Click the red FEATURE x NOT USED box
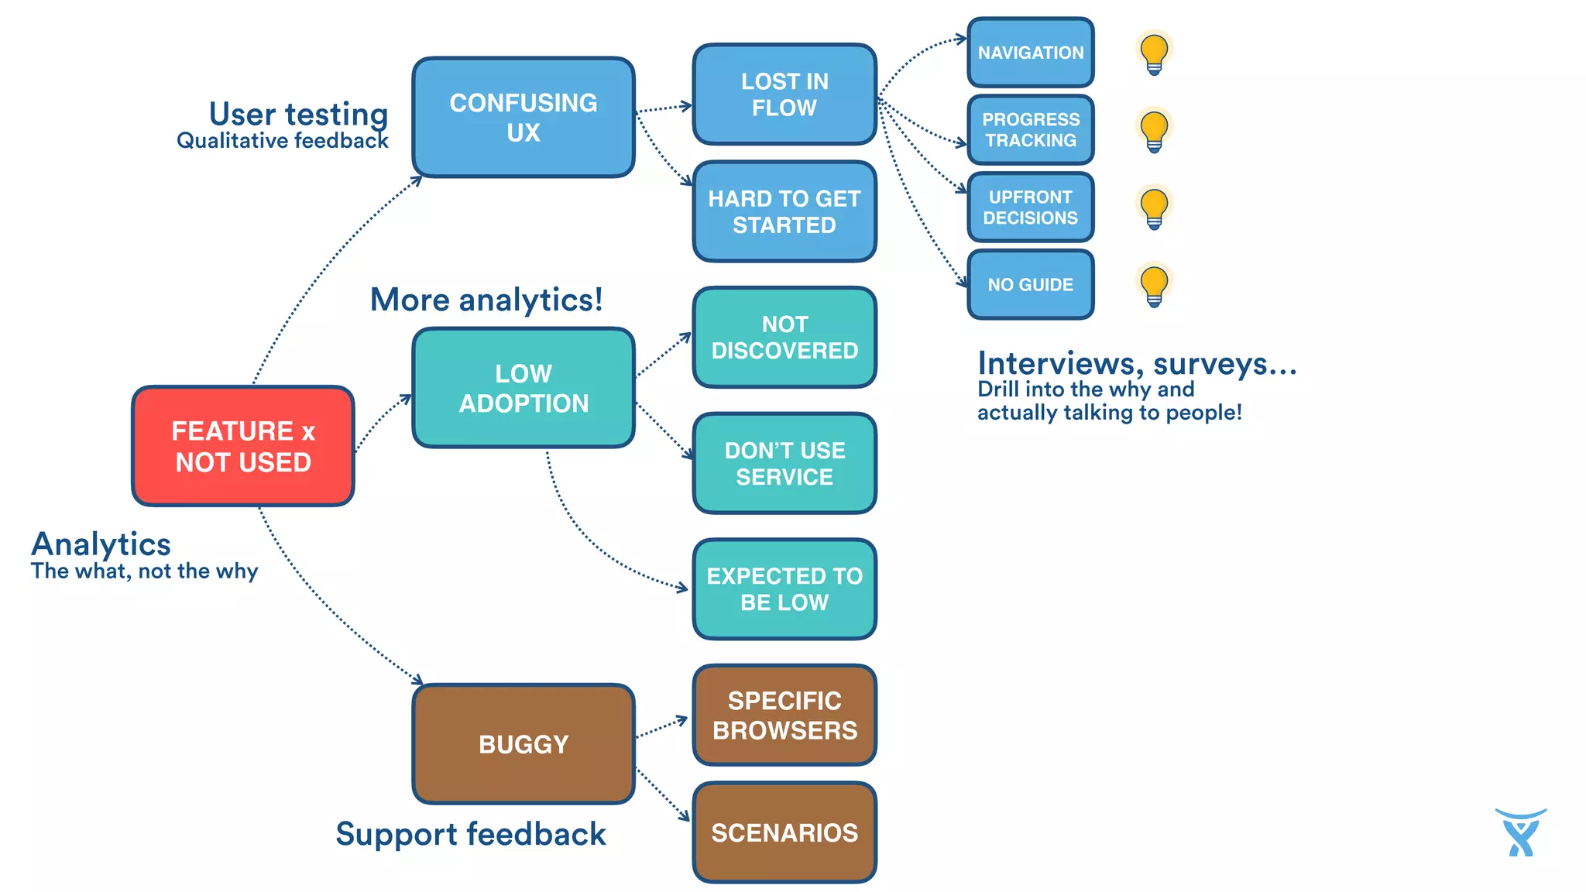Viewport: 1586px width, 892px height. [x=243, y=446]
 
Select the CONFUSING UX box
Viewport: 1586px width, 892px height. [x=524, y=117]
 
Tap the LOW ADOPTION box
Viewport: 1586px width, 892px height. [x=524, y=388]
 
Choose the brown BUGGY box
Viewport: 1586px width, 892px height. [x=524, y=744]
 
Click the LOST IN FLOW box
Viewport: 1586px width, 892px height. [x=784, y=94]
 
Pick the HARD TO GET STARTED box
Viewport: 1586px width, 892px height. [x=784, y=211]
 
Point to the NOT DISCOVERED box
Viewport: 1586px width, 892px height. [x=784, y=338]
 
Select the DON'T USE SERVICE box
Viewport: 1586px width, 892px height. [x=784, y=463]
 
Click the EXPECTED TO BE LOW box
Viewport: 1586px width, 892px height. [x=784, y=589]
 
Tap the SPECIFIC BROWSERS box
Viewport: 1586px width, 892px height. [x=784, y=715]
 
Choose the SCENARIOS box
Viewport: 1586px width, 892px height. [x=784, y=832]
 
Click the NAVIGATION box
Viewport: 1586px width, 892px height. [x=1031, y=53]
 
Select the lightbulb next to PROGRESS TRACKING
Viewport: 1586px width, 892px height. [x=1154, y=130]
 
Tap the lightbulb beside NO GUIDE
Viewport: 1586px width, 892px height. [x=1154, y=285]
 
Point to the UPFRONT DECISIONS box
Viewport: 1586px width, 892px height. [x=1031, y=208]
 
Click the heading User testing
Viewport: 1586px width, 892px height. [x=298, y=114]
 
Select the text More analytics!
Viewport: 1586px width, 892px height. [x=486, y=300]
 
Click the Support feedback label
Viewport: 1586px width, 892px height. [x=471, y=834]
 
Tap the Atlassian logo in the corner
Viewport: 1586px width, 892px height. [x=1521, y=833]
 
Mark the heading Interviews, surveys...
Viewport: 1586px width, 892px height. [x=1136, y=363]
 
